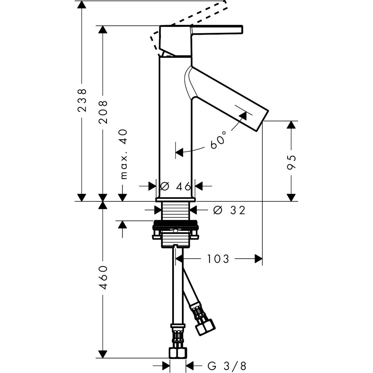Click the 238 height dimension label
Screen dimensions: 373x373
tap(81, 100)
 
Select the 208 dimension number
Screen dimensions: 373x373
tap(103, 112)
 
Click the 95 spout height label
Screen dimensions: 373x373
tap(291, 162)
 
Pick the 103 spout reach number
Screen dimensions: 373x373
tap(218, 259)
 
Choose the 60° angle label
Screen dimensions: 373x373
tap(218, 140)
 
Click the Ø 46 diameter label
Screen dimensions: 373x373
tap(176, 186)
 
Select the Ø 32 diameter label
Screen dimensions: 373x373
tap(229, 210)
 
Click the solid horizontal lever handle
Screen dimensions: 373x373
tap(217, 30)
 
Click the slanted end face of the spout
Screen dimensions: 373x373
tap(262, 121)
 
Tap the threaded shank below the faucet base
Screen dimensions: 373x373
tap(176, 211)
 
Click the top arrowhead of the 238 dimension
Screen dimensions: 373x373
tap(81, 4)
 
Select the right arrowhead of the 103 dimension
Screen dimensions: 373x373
tap(259, 259)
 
